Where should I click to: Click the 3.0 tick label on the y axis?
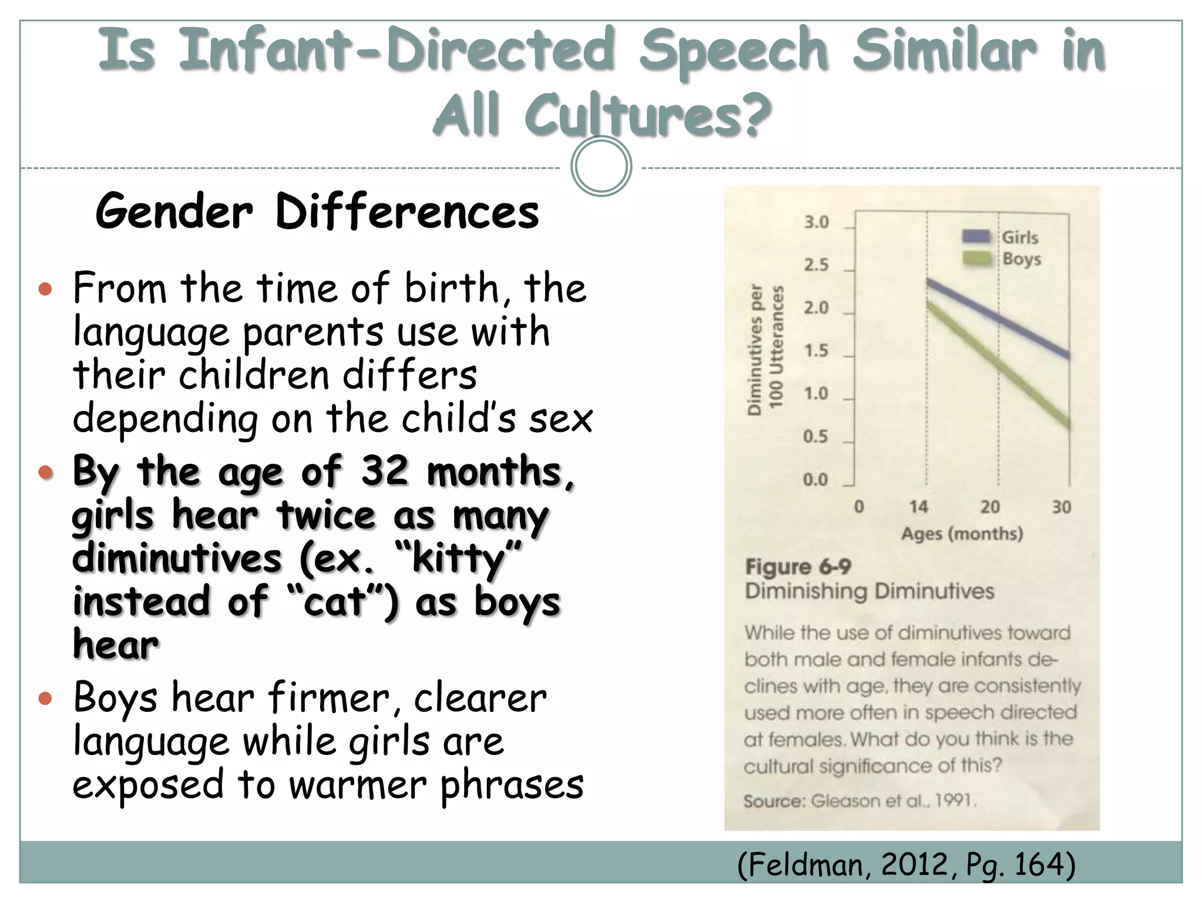[816, 222]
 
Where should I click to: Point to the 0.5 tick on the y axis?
[815, 437]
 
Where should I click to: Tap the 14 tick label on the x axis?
[918, 506]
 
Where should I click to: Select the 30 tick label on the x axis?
[1061, 507]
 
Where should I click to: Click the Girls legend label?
[1020, 238]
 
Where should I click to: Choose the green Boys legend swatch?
[977, 259]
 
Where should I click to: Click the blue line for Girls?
[999, 319]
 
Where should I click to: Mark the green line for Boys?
[999, 366]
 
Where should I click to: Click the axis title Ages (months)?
[962, 534]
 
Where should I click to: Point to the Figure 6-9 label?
[798, 567]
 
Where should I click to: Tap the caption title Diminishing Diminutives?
[869, 591]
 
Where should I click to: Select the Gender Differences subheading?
[317, 212]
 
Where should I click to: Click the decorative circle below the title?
[601, 166]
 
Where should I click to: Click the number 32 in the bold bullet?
[384, 471]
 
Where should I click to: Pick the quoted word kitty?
[459, 559]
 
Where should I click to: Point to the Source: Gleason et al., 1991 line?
[859, 801]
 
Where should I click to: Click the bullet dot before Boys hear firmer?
[45, 698]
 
